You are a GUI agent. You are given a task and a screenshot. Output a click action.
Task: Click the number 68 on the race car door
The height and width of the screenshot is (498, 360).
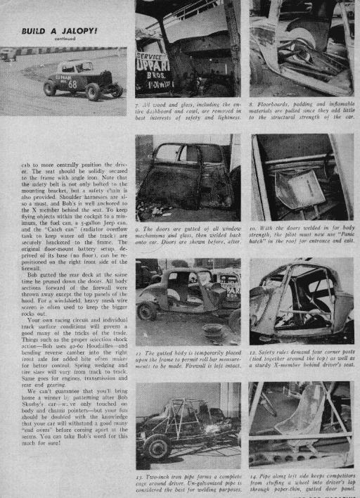point(73,84)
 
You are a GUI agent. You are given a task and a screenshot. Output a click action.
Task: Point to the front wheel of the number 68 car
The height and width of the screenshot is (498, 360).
point(49,89)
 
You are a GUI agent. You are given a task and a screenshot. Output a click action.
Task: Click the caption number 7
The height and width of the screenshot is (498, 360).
point(139,103)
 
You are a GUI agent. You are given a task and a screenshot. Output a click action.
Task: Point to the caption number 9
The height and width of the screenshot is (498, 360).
point(139,229)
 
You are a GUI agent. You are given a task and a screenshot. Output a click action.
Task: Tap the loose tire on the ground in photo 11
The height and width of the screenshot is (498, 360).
point(211,332)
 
